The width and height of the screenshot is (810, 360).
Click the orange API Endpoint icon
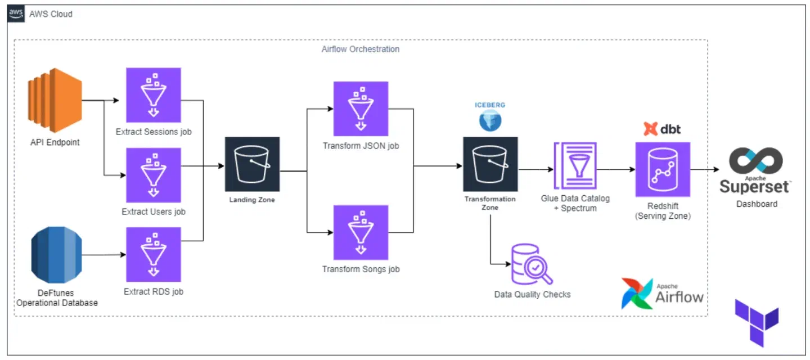pos(55,100)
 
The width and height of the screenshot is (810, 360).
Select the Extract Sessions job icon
pos(154,95)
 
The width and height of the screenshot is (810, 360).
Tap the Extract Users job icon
pos(154,175)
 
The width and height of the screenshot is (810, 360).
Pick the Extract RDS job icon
pos(154,254)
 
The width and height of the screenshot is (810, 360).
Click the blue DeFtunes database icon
pos(56,255)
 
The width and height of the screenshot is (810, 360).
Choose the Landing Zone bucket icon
pos(252,164)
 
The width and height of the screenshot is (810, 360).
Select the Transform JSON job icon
pos(361,109)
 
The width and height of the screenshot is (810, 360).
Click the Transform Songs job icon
pos(361,232)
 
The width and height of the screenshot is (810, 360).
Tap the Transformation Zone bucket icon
pos(490,164)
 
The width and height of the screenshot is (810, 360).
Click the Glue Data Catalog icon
pos(575,165)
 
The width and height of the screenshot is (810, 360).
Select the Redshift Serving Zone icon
pos(663,169)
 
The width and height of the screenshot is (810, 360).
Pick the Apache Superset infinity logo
pos(756,160)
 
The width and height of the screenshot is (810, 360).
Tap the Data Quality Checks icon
pos(532,264)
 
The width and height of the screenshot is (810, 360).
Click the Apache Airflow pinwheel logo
pos(637,294)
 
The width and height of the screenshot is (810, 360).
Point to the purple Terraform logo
pos(757,323)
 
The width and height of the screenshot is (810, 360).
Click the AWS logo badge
pos(16,13)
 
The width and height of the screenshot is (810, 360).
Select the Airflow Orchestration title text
pos(361,49)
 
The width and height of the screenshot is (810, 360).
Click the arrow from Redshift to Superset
pos(705,169)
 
